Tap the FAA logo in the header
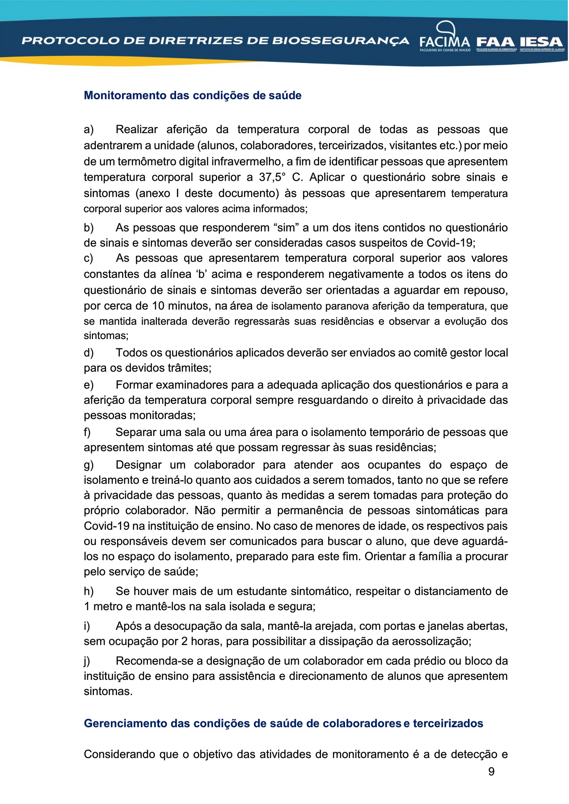click(496, 43)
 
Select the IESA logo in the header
click(541, 43)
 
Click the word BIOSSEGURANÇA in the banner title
click(341, 41)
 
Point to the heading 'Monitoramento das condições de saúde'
click(193, 96)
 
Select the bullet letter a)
click(89, 130)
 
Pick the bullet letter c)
click(89, 258)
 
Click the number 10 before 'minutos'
click(158, 306)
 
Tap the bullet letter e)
click(89, 385)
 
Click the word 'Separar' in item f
click(136, 432)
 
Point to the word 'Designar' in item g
click(139, 465)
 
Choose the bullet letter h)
click(89, 591)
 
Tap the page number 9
click(491, 772)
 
